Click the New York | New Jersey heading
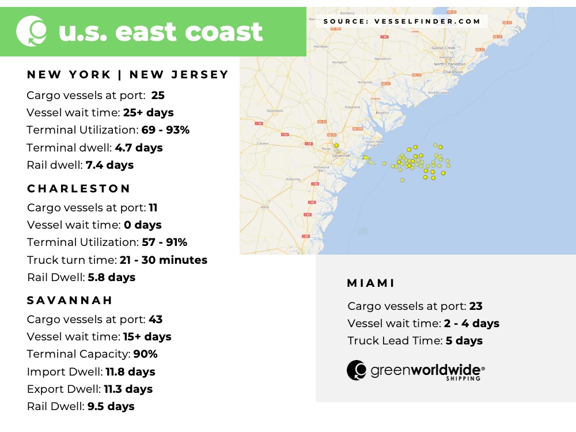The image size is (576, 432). tap(128, 75)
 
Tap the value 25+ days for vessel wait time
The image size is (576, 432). tap(148, 112)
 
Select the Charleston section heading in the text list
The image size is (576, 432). tap(79, 188)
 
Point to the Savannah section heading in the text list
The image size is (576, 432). tap(70, 300)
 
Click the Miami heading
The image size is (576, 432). tap(372, 283)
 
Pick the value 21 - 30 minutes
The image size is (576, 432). tap(164, 260)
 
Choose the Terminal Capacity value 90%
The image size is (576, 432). tap(145, 354)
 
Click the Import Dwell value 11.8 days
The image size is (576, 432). tap(130, 372)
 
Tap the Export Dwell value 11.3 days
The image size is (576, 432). tap(128, 389)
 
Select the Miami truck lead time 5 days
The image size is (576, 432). tap(464, 340)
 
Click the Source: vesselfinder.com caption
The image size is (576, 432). tap(401, 21)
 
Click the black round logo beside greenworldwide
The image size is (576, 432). tap(357, 370)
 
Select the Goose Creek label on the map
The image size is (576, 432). tap(443, 48)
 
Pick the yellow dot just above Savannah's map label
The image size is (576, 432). tap(336, 146)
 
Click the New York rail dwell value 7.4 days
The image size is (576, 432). tap(109, 165)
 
